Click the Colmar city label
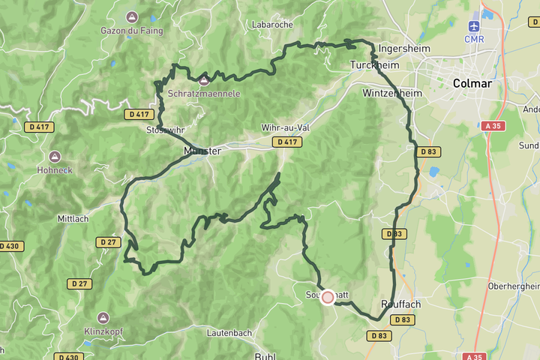coord(472,83)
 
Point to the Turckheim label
coord(374,65)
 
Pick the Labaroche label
coord(272,25)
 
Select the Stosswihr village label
coord(166,129)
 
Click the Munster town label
coord(202,151)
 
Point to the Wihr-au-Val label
coord(286,127)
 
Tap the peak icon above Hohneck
coord(54,157)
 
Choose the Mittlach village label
coord(73,219)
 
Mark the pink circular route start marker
coord(328,297)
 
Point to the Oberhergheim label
coord(514,286)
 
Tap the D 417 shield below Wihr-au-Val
coord(287,142)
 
